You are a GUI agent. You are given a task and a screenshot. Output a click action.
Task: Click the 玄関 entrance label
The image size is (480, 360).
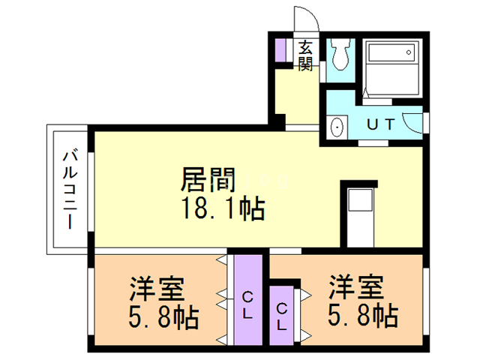(305, 57)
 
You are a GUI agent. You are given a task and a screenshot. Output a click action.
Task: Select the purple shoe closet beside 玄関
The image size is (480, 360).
(281, 49)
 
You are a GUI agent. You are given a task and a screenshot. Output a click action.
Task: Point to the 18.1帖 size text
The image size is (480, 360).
(219, 209)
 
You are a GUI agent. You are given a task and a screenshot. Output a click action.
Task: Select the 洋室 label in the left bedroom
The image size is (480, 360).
(158, 289)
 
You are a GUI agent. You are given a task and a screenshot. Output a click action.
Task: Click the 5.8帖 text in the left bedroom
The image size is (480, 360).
(163, 318)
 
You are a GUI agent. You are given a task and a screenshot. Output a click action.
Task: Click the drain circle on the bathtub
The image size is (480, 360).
(409, 52)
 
